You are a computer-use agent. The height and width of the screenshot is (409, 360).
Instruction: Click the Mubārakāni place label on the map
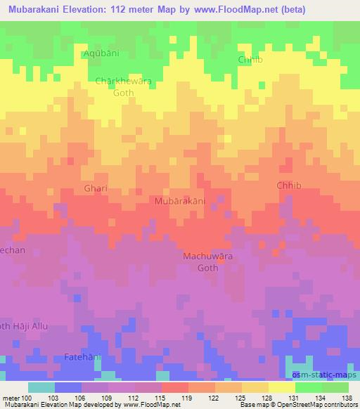coord(180,201)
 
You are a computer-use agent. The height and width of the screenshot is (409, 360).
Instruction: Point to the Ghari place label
coord(96,189)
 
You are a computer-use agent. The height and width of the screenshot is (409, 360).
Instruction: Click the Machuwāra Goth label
coord(207,262)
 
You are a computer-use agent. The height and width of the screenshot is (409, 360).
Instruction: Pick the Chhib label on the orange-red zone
coord(288,186)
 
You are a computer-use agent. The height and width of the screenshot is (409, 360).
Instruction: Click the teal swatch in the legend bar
coord(41,387)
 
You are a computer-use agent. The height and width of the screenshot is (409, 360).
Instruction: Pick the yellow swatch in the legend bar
coord(281,387)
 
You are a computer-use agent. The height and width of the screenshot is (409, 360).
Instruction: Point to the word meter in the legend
coord(11,398)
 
